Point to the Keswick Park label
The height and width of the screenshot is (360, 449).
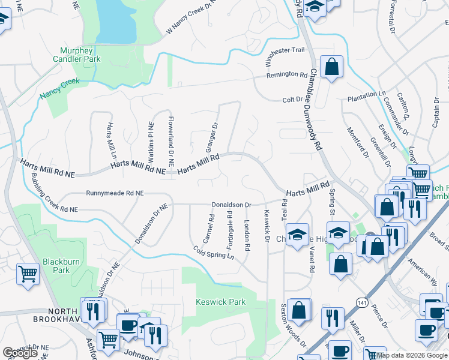click(x=220, y=302)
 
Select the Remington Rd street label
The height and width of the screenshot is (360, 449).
click(x=287, y=75)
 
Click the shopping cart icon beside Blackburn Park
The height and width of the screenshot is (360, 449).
click(x=28, y=274)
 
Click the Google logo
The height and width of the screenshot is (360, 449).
click(x=20, y=353)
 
